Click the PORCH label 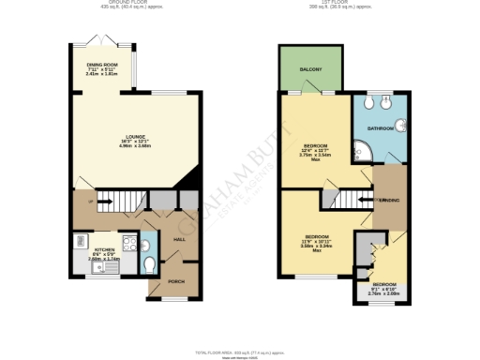tap(174, 280)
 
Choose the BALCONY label tap(313, 68)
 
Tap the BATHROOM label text tap(380, 127)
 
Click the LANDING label tap(389, 201)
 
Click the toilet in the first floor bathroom tap(380, 99)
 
